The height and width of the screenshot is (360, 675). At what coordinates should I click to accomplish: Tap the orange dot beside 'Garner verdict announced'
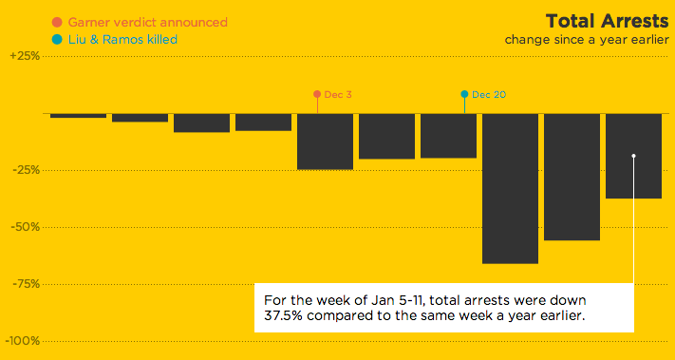pyautogui.click(x=58, y=22)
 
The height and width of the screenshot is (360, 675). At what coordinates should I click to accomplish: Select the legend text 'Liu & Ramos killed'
pyautogui.click(x=122, y=39)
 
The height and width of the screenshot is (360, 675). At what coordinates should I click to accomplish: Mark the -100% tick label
pyautogui.click(x=23, y=341)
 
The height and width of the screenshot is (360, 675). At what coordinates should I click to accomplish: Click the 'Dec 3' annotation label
pyautogui.click(x=338, y=94)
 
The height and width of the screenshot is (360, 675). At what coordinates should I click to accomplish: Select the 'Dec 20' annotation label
pyautogui.click(x=488, y=94)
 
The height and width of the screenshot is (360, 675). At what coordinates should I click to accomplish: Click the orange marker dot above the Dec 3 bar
pyautogui.click(x=317, y=94)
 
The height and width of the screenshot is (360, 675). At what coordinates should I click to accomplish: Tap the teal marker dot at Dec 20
pyautogui.click(x=464, y=94)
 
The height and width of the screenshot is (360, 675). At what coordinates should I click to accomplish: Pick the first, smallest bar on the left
pyautogui.click(x=78, y=116)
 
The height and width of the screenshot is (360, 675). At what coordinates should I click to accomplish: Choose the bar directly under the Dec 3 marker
pyautogui.click(x=325, y=142)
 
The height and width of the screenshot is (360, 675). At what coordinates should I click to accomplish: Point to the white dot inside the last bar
pyautogui.click(x=633, y=156)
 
